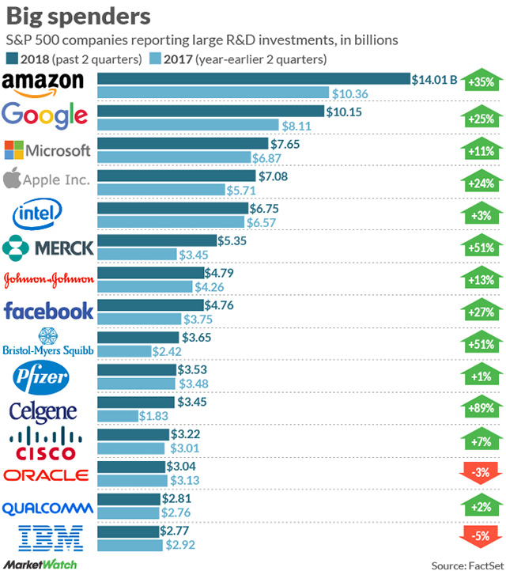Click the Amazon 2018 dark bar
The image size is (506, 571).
[x=254, y=78]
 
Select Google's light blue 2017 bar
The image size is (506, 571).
[x=188, y=125]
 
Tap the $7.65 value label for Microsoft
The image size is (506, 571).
[x=285, y=144]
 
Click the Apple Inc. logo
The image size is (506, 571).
[x=46, y=179]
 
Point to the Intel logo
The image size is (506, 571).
[x=37, y=214]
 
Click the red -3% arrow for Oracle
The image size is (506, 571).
[x=481, y=473]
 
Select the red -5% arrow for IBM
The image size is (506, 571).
[x=481, y=537]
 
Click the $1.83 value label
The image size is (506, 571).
[x=153, y=416]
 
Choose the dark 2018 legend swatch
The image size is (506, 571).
[x=12, y=59]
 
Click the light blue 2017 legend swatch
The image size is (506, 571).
[x=155, y=59]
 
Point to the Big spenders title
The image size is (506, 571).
[x=78, y=17]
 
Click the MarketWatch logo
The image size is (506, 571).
[x=40, y=564]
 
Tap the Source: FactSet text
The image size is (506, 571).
[x=467, y=565]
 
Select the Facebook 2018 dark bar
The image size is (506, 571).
[x=151, y=305]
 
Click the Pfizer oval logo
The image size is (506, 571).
[x=41, y=377]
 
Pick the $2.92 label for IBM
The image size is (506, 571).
[x=180, y=545]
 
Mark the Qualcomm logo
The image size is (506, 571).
[x=47, y=509]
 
